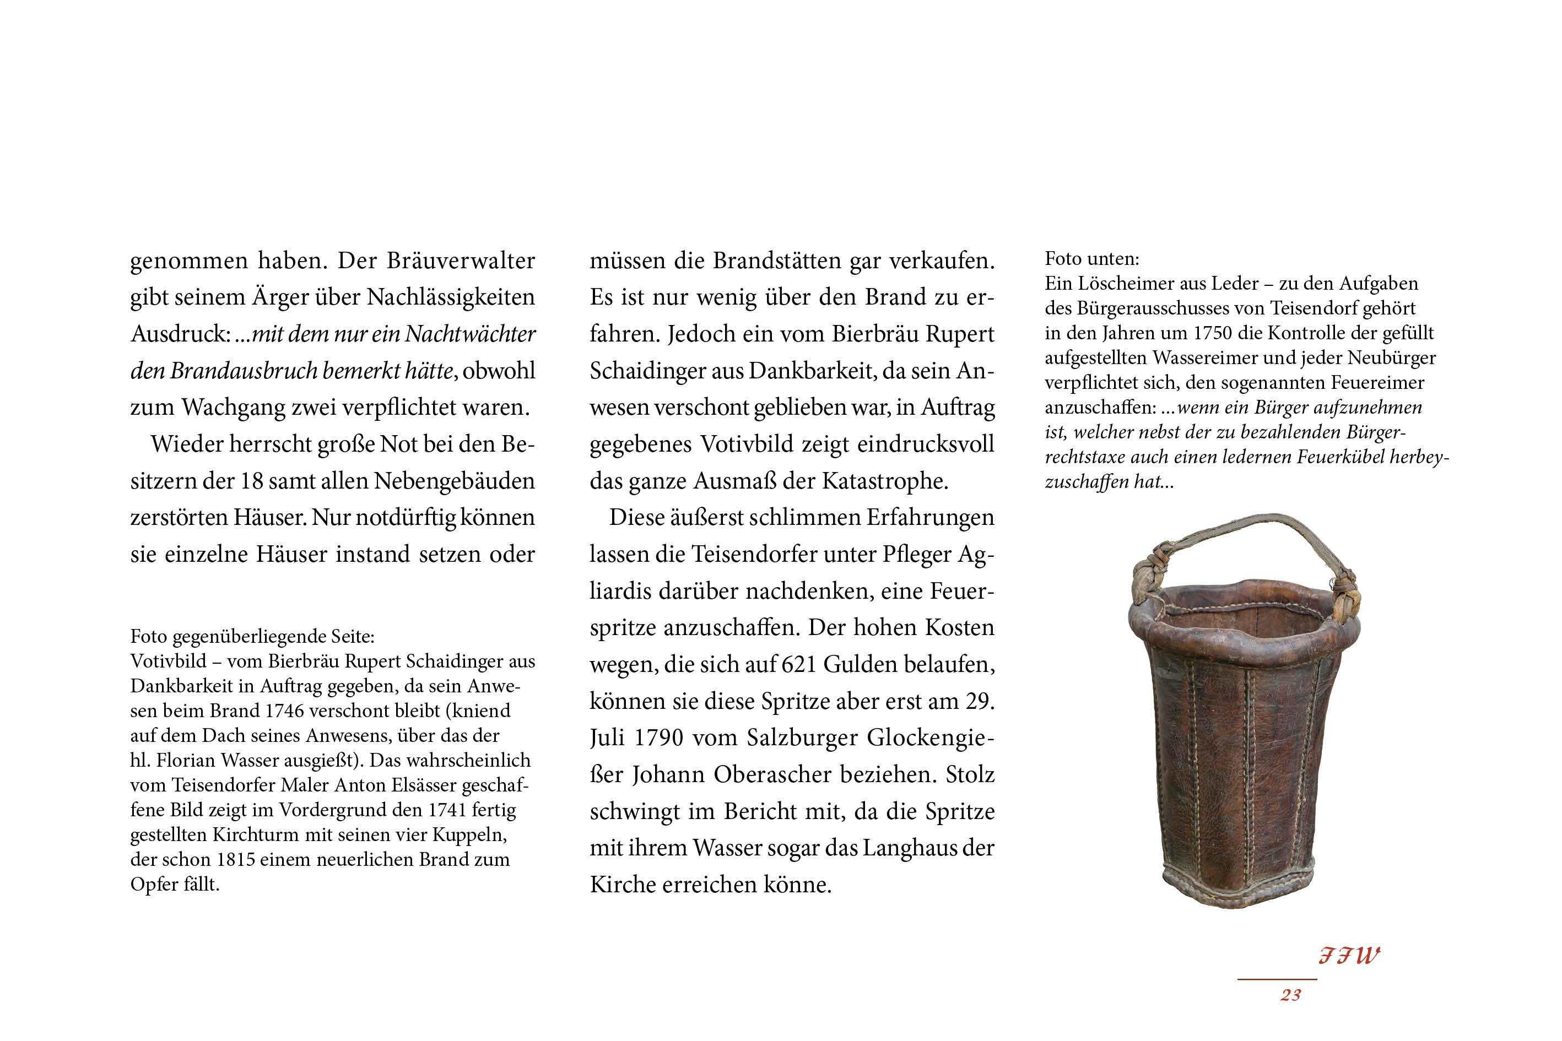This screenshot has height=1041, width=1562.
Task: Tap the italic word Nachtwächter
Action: pyautogui.click(x=469, y=333)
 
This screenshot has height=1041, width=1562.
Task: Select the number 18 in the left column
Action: pyautogui.click(x=251, y=481)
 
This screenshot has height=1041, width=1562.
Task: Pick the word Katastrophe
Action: pyautogui.click(x=885, y=481)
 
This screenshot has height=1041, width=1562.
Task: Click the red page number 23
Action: pyautogui.click(x=1291, y=995)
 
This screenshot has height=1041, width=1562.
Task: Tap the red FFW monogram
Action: pyautogui.click(x=1349, y=956)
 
